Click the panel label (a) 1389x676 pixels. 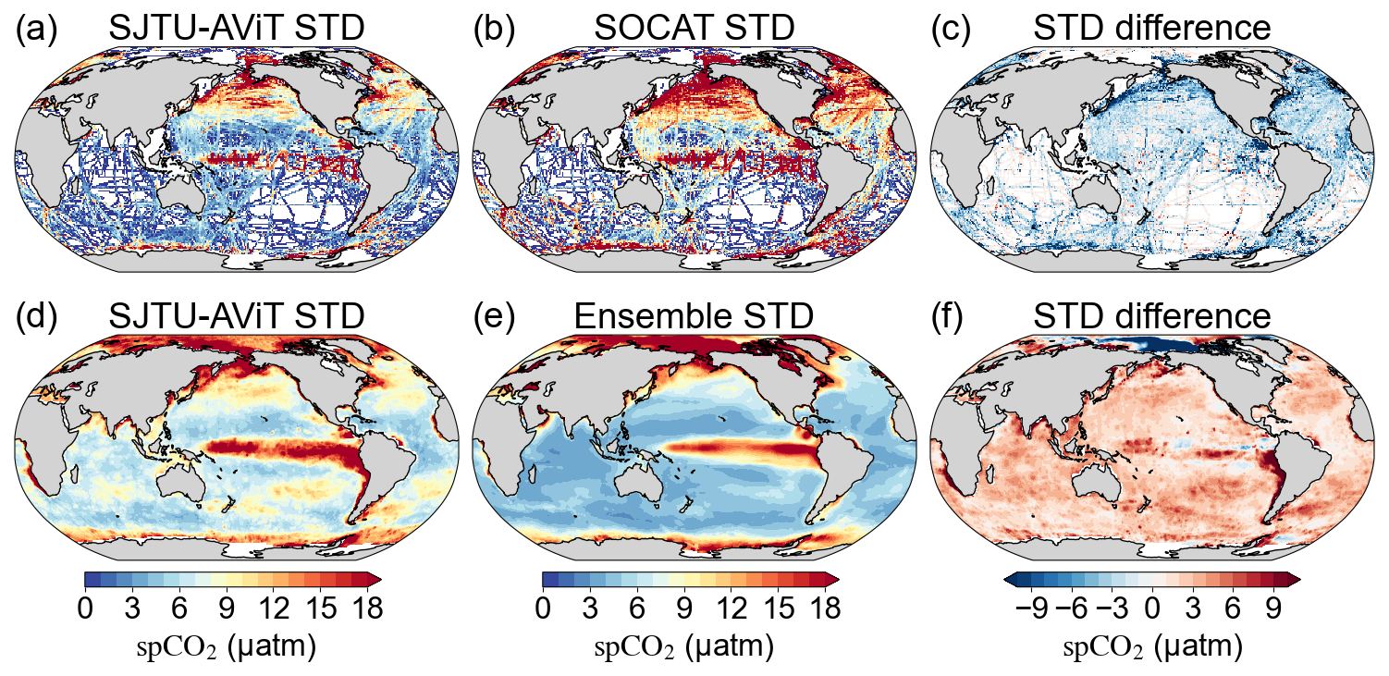pos(36,30)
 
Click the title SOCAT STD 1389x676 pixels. pos(694,30)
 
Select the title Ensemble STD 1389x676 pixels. pos(694,316)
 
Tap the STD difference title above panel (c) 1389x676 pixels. pos(1151,30)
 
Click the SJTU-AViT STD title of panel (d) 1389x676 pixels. pos(236,316)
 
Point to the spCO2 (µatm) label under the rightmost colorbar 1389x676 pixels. pos(1151,646)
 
